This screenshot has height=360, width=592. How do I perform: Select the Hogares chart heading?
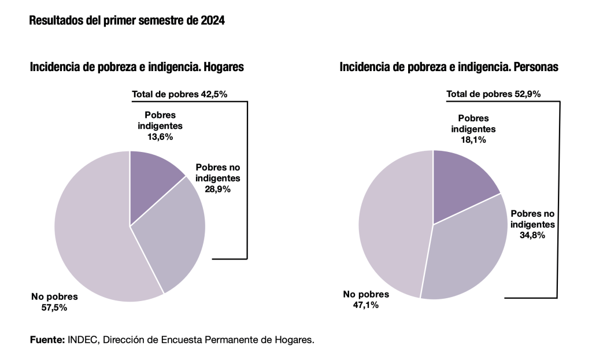136,68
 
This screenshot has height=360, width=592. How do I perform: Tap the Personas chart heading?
449,68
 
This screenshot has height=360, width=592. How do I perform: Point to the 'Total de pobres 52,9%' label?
493,94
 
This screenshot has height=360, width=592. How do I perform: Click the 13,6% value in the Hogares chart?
160,137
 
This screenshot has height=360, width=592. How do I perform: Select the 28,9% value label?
218,188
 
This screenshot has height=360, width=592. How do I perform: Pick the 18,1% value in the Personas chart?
473,140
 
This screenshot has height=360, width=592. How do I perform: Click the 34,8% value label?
532,235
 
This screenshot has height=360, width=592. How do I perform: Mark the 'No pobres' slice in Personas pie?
393,231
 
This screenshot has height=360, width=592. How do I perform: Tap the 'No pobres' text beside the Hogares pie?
54,297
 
